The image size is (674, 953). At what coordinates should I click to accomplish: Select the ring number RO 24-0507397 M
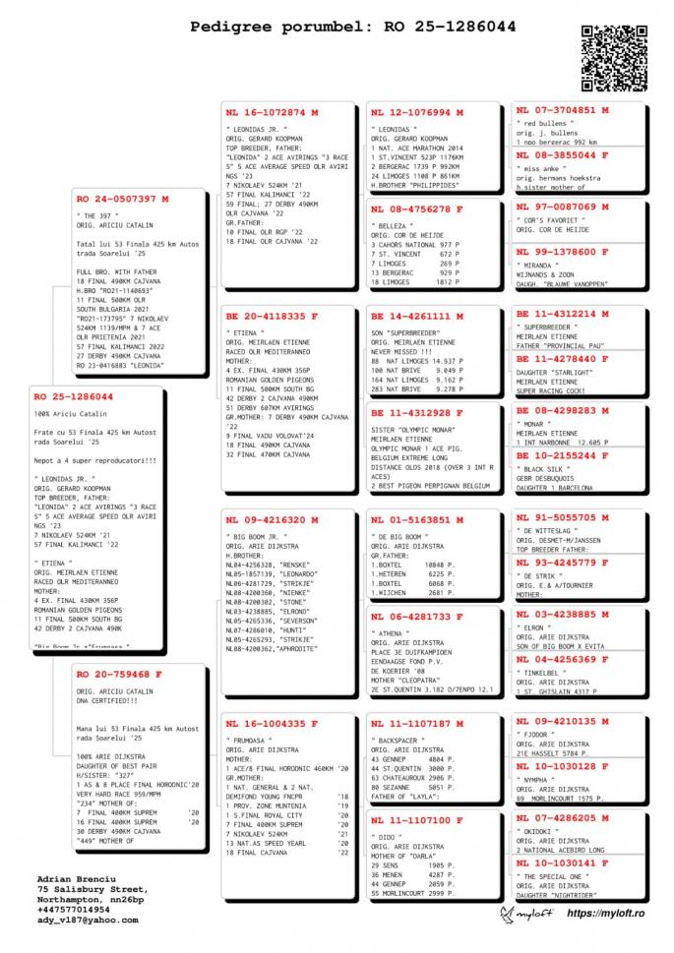(x=122, y=199)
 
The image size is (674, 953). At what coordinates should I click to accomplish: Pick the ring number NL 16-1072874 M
(x=266, y=112)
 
